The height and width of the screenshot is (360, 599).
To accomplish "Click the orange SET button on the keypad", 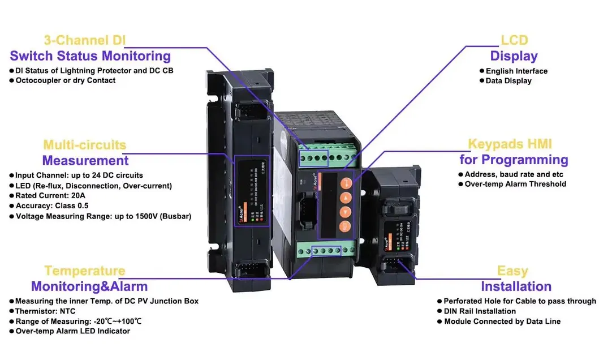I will pyautogui.click(x=345, y=226).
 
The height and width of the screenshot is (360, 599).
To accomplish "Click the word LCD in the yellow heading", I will pyautogui.click(x=514, y=40).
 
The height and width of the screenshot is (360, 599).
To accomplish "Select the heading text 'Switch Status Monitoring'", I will pyautogui.click(x=90, y=55).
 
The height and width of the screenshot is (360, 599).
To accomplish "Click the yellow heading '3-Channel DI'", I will pyautogui.click(x=85, y=40).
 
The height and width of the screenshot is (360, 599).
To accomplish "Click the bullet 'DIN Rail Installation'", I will pyautogui.click(x=480, y=311).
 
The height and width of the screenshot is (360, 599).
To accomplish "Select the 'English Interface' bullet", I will pyautogui.click(x=516, y=71).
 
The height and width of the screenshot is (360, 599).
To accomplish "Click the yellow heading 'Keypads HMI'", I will pyautogui.click(x=510, y=144).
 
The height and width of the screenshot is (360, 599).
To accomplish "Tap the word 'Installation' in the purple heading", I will pyautogui.click(x=516, y=286).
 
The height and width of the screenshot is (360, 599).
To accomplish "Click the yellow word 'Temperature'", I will pyautogui.click(x=85, y=271).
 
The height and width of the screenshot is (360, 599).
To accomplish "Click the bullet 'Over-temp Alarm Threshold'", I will pyautogui.click(x=515, y=184).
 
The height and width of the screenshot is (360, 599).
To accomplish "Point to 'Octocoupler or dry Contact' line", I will pyautogui.click(x=65, y=80).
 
